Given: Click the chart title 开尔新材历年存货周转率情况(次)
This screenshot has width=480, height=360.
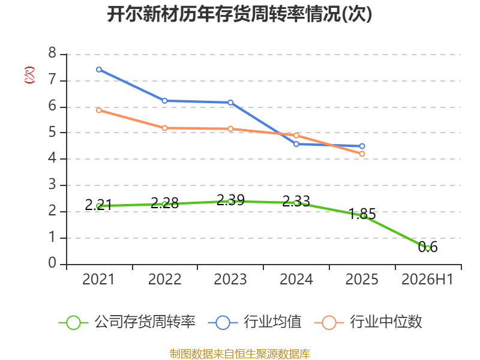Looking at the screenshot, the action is (239, 14).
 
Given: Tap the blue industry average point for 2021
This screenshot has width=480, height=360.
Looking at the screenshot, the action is (99, 70).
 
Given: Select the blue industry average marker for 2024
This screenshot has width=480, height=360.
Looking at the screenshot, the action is (296, 144).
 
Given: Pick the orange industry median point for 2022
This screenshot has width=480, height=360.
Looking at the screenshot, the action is (164, 128).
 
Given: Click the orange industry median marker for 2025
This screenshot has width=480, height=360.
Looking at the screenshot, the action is (362, 154).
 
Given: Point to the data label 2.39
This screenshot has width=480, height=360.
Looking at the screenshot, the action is (230, 200).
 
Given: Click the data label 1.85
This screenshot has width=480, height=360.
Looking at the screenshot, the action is (362, 214).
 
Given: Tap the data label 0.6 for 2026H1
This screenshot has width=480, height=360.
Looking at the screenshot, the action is (428, 247).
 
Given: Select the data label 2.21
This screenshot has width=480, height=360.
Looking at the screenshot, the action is (98, 205).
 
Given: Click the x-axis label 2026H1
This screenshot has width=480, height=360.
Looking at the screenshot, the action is (427, 279).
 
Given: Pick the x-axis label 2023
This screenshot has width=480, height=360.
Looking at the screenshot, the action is (230, 279).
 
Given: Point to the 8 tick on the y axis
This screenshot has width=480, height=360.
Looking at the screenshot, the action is (52, 53).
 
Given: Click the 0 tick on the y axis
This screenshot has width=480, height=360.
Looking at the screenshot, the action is (52, 263).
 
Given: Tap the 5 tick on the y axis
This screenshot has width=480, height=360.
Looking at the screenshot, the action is (52, 132).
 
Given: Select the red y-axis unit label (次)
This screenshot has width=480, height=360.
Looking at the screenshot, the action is (29, 75).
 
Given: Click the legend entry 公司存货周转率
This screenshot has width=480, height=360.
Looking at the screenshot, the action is (127, 322).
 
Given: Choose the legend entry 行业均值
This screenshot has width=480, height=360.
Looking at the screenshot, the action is (254, 322).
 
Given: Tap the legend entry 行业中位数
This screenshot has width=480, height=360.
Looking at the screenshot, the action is (368, 322).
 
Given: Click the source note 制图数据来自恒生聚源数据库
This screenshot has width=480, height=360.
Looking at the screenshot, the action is (240, 354).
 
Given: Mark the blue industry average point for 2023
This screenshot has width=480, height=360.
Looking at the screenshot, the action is (230, 103).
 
